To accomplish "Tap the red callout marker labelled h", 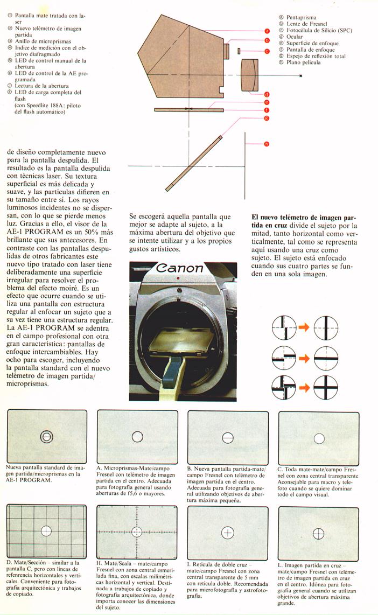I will click(267, 143).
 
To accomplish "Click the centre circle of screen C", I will click(319, 438).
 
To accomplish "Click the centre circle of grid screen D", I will click(46, 530).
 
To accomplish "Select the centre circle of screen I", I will click(228, 533).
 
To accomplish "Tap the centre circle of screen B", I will click(228, 438).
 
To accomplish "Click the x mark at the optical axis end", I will click(300, 76).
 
